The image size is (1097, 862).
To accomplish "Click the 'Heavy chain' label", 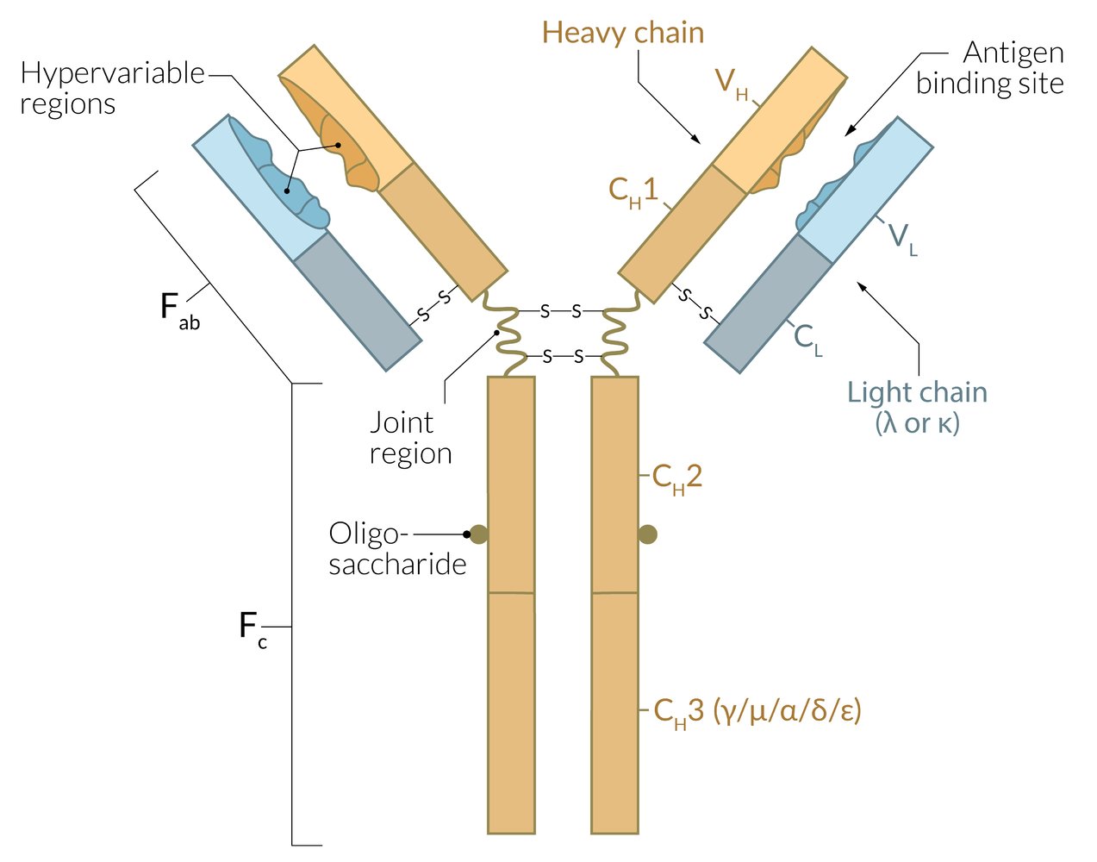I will click(x=622, y=34).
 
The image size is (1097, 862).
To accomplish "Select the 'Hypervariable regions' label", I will click(x=112, y=89).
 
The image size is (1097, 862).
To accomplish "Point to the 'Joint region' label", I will click(x=410, y=438).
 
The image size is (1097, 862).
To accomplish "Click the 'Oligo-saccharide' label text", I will click(x=397, y=548).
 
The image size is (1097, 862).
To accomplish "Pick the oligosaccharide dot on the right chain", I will click(x=648, y=535).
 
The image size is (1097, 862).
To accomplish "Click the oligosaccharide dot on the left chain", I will click(x=479, y=535).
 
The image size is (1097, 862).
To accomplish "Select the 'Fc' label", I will click(x=252, y=628).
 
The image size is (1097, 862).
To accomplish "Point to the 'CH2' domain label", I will click(x=677, y=478).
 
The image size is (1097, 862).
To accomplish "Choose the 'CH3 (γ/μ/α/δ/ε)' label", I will click(x=757, y=711).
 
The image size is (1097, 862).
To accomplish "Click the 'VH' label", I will click(x=732, y=84).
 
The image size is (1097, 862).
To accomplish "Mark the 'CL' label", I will click(x=808, y=338).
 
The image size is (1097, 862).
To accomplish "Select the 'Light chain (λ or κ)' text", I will click(x=917, y=407).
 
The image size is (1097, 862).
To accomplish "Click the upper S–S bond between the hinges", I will click(x=560, y=311).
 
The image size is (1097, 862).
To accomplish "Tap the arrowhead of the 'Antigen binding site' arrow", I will click(x=847, y=133).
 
